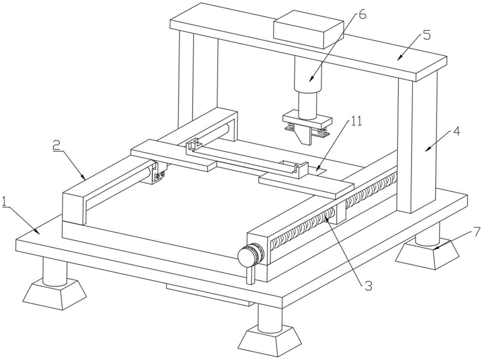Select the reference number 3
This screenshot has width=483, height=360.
pyautogui.click(x=368, y=285)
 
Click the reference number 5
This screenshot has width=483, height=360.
pyautogui.click(x=426, y=35)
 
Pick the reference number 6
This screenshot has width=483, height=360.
pyautogui.click(x=362, y=14)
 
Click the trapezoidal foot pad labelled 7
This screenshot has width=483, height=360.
pyautogui.click(x=428, y=253)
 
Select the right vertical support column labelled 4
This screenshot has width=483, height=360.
pyautogui.click(x=418, y=145)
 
